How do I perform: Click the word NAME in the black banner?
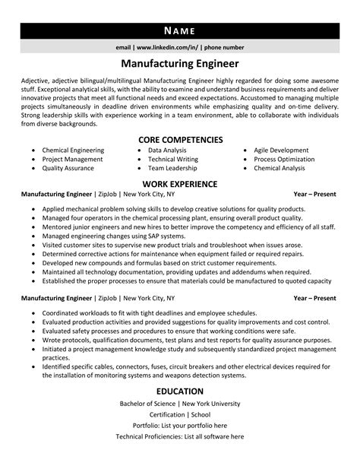click(x=179, y=30)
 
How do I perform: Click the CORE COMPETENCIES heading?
click(x=180, y=140)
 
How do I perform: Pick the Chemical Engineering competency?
click(x=73, y=151)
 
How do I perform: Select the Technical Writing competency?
click(x=173, y=160)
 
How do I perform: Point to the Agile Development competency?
click(x=281, y=151)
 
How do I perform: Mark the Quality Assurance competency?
click(x=68, y=169)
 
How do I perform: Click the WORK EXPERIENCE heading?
click(x=180, y=184)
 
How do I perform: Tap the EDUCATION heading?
click(x=180, y=390)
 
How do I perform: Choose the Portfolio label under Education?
click(x=148, y=426)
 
